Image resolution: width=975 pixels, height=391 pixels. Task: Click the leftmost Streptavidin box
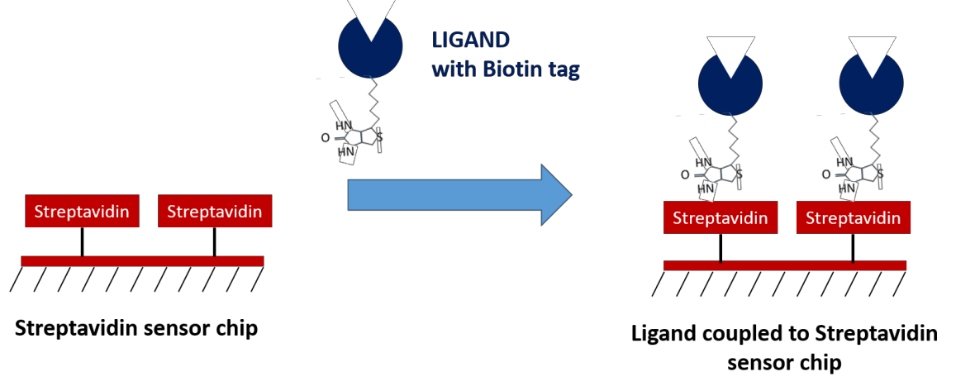point(82,212)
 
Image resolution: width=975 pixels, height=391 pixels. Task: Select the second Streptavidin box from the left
point(215,212)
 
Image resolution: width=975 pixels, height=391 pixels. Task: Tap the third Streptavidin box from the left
point(721,218)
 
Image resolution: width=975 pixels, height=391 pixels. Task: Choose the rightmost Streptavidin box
point(854,218)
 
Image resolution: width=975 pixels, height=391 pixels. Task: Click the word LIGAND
point(471,40)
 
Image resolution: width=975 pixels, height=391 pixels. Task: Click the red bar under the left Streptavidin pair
point(142,261)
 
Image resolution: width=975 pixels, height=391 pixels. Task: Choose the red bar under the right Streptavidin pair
point(785,266)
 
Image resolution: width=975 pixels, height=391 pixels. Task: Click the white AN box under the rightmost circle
point(848,190)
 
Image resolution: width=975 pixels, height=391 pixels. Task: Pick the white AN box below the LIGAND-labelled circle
point(348,153)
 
